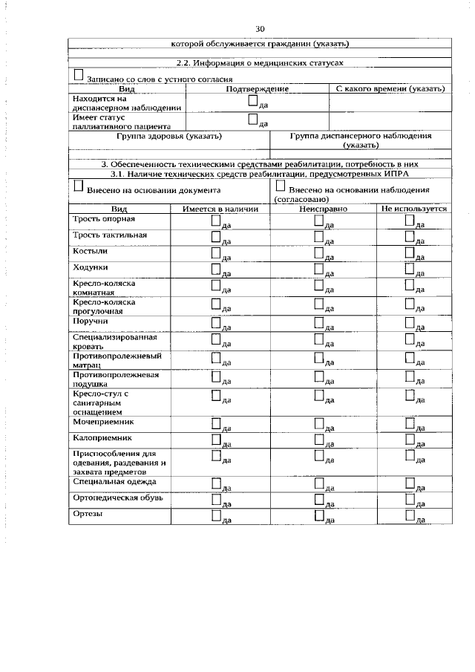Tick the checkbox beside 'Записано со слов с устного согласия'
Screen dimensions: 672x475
click(79, 76)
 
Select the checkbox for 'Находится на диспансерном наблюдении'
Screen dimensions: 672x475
click(253, 101)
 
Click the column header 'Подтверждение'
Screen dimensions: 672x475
click(257, 89)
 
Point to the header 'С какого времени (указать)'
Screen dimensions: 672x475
click(390, 89)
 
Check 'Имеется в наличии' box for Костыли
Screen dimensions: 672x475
click(215, 254)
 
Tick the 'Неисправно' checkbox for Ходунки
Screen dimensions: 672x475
click(318, 270)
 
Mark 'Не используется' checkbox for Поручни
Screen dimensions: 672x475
click(410, 323)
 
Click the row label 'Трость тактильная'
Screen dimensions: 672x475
click(110, 235)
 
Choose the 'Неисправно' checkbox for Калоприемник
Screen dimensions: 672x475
click(318, 440)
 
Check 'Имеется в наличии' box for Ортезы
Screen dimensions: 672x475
click(215, 515)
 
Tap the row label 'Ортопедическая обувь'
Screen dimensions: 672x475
click(113, 497)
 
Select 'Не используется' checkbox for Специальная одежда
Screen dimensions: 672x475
click(410, 483)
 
